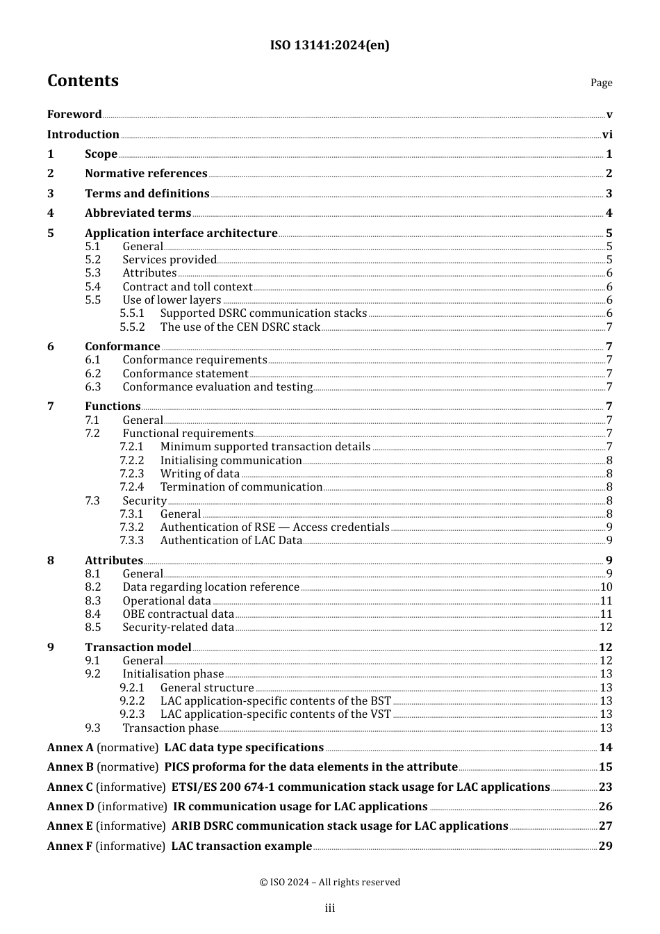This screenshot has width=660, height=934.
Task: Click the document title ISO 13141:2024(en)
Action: [x=329, y=45]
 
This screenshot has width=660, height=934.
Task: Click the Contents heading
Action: [x=83, y=81]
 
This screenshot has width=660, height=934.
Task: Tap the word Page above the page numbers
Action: [x=601, y=83]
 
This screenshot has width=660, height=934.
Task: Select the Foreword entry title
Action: [x=74, y=115]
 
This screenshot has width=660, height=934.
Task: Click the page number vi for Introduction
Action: [x=607, y=135]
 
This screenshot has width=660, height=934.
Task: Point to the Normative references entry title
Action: [x=146, y=174]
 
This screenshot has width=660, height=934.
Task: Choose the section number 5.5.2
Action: [x=132, y=327]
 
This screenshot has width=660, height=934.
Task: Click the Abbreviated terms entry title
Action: [x=138, y=213]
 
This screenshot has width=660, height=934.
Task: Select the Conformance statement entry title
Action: [x=185, y=374]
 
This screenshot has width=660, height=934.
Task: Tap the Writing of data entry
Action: [x=199, y=474]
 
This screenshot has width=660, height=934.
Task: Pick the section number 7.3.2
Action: [x=132, y=527]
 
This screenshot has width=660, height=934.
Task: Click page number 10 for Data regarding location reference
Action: [x=606, y=587]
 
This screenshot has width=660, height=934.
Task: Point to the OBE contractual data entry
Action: [x=178, y=614]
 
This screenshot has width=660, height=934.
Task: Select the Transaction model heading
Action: [x=138, y=648]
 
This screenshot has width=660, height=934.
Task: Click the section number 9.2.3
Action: [x=132, y=714]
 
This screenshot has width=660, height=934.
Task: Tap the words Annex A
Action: [x=70, y=748]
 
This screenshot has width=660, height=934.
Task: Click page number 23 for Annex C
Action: [x=605, y=787]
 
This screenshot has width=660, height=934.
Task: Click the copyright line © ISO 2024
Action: [x=330, y=883]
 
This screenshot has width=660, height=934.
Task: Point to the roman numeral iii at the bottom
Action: [x=330, y=908]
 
